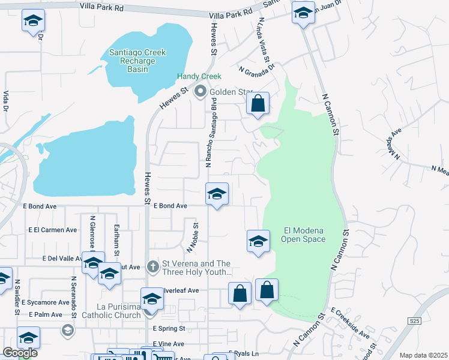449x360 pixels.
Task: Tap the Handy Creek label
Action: tap(199, 77)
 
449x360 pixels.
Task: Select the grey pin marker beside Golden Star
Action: tap(200, 92)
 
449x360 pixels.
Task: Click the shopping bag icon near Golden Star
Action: tap(258, 104)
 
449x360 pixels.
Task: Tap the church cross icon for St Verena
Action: tap(153, 266)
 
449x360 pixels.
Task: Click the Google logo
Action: tap(19, 353)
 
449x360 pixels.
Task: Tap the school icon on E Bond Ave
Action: tap(217, 194)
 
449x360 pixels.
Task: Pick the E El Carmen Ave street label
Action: tap(53, 230)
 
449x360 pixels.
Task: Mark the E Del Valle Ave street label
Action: tap(62, 259)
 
